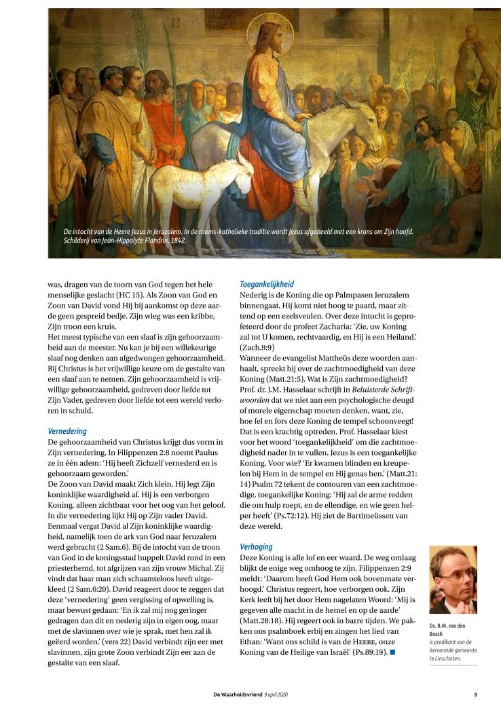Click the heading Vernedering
point(67,431)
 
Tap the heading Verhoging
point(257,546)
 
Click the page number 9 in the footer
point(475,694)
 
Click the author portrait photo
point(453,580)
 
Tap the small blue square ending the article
point(392,652)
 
